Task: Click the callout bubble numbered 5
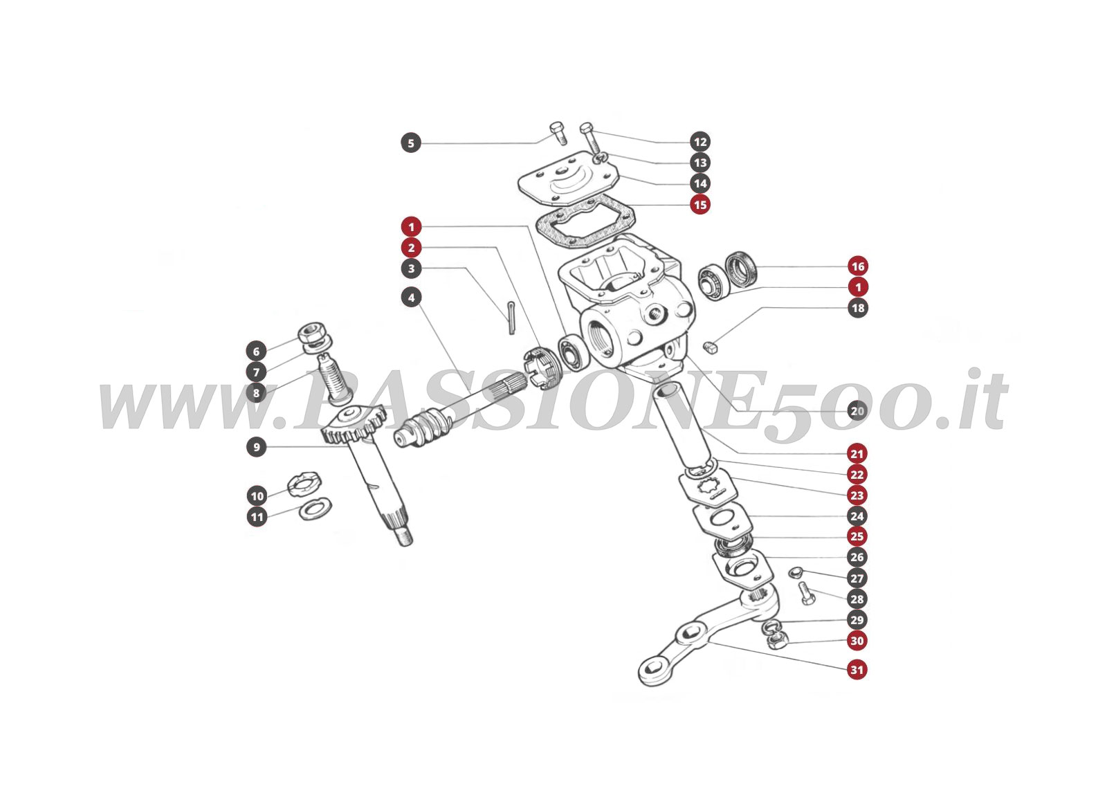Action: click(411, 143)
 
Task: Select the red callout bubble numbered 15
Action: click(700, 205)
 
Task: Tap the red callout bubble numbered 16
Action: click(857, 266)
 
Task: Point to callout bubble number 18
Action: click(857, 308)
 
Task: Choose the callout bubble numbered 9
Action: click(256, 447)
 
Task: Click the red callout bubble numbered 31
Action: click(857, 670)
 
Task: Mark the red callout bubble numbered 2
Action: click(411, 248)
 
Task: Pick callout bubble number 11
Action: click(256, 517)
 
